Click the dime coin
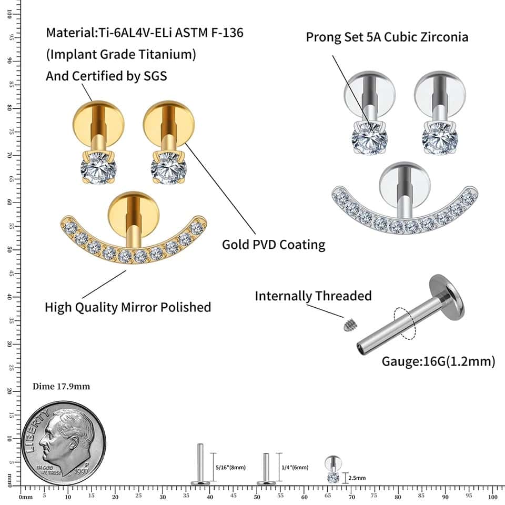click(63, 443)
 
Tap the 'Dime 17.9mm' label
click(61, 387)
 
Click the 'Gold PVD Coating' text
click(274, 245)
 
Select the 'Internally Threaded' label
click(313, 296)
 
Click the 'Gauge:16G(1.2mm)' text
click(438, 362)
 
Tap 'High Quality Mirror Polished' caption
click(128, 307)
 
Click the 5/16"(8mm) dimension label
click(230, 467)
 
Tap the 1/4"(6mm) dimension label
click(295, 467)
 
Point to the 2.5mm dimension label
click(357, 478)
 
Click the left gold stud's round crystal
click(98, 169)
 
